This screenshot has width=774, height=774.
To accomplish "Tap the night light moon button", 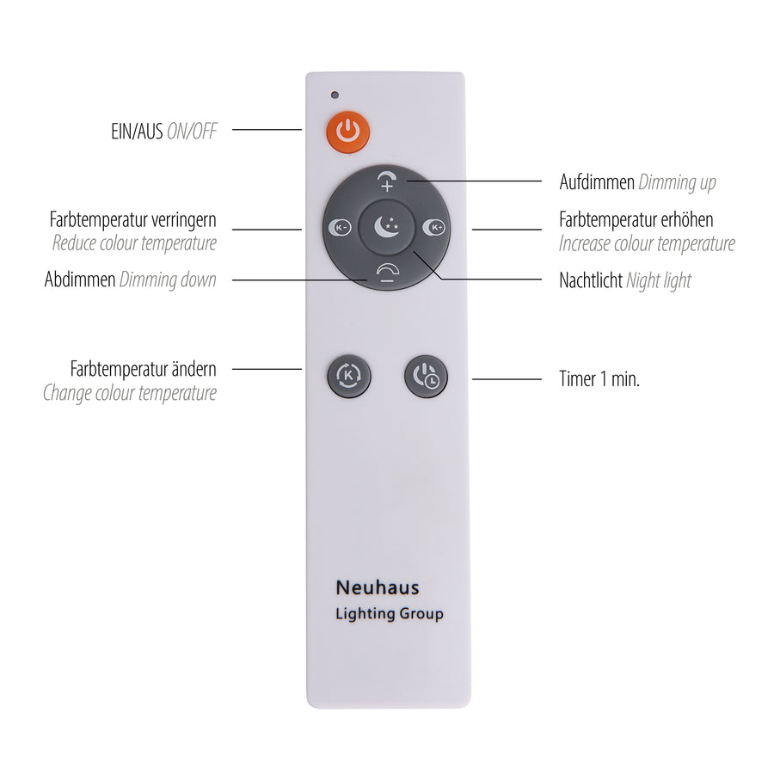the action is pyautogui.click(x=385, y=227).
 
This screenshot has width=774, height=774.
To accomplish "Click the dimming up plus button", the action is pyautogui.click(x=387, y=181).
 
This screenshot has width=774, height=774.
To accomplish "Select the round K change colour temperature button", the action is pyautogui.click(x=349, y=376).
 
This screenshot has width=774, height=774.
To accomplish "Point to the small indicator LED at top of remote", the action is pyautogui.click(x=335, y=95).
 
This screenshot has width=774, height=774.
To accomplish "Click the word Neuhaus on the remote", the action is pyautogui.click(x=378, y=588).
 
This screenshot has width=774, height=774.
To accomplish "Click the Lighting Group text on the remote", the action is pyautogui.click(x=390, y=614).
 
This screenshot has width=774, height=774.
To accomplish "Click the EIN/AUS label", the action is pyautogui.click(x=138, y=132).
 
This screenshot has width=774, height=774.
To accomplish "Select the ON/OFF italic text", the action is pyautogui.click(x=192, y=132).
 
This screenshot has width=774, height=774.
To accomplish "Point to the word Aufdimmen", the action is pyautogui.click(x=597, y=182).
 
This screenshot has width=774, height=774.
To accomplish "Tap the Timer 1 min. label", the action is pyautogui.click(x=599, y=379).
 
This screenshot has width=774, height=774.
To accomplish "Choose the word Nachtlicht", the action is pyautogui.click(x=591, y=280).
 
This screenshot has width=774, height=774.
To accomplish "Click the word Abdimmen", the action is pyautogui.click(x=80, y=279).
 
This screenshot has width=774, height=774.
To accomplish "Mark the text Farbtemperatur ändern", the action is pyautogui.click(x=143, y=369).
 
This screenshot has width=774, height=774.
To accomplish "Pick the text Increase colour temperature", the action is pyautogui.click(x=647, y=244).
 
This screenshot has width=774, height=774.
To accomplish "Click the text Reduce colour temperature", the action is pyautogui.click(x=134, y=243).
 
